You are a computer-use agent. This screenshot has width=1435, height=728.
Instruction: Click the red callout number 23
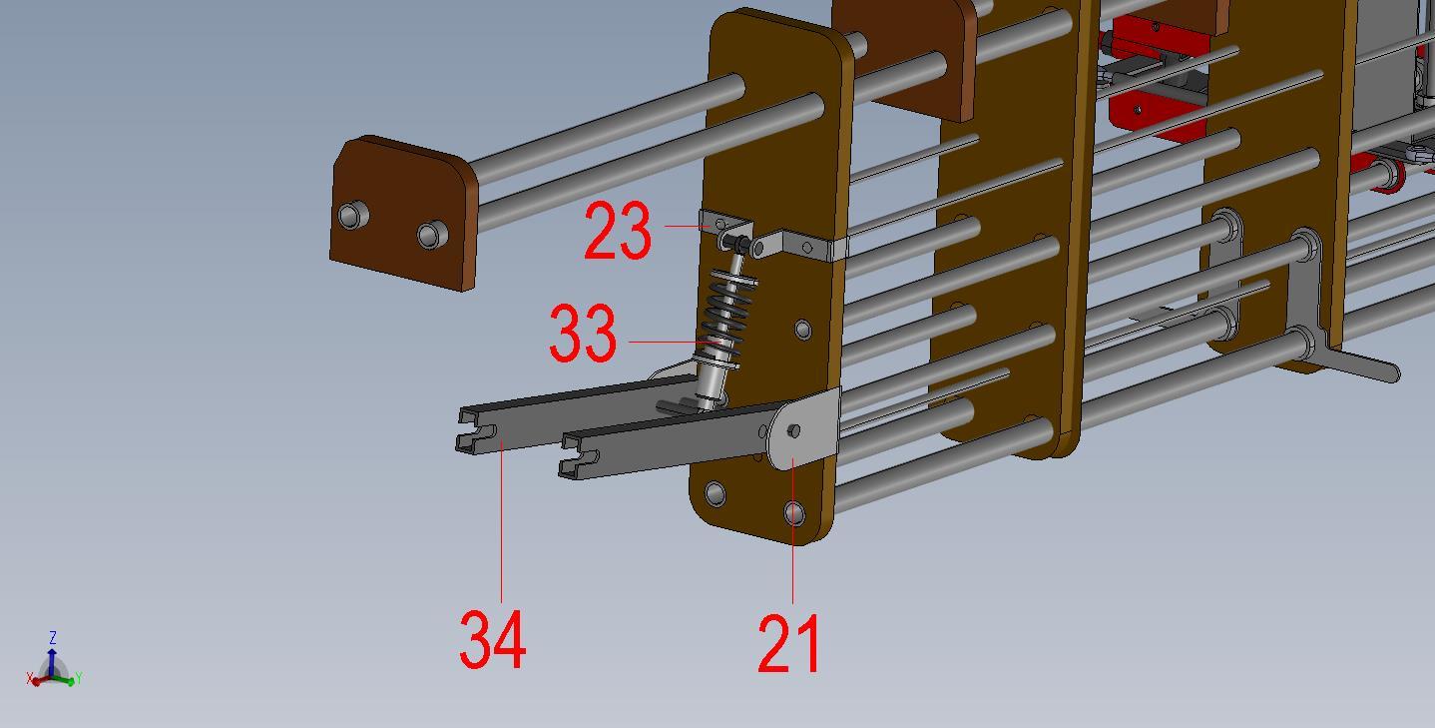(617, 231)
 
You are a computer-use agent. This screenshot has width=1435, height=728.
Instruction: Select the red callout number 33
(583, 335)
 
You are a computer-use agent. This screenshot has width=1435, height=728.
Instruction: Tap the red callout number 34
(492, 640)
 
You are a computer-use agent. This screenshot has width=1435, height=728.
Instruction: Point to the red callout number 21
(788, 644)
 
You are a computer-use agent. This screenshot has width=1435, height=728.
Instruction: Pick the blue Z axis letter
(52, 637)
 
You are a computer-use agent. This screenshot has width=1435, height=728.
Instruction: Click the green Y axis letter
(78, 679)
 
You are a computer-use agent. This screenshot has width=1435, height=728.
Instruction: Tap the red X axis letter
(30, 680)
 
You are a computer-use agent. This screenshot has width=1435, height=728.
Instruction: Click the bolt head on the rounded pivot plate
(793, 430)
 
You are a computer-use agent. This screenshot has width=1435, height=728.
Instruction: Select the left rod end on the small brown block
(351, 215)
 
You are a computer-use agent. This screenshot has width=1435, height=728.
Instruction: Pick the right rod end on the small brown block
(430, 236)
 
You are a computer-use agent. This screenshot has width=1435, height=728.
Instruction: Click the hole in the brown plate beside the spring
(803, 329)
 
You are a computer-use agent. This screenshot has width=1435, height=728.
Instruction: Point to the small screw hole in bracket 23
(720, 223)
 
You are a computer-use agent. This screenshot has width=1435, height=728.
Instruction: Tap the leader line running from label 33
(669, 342)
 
